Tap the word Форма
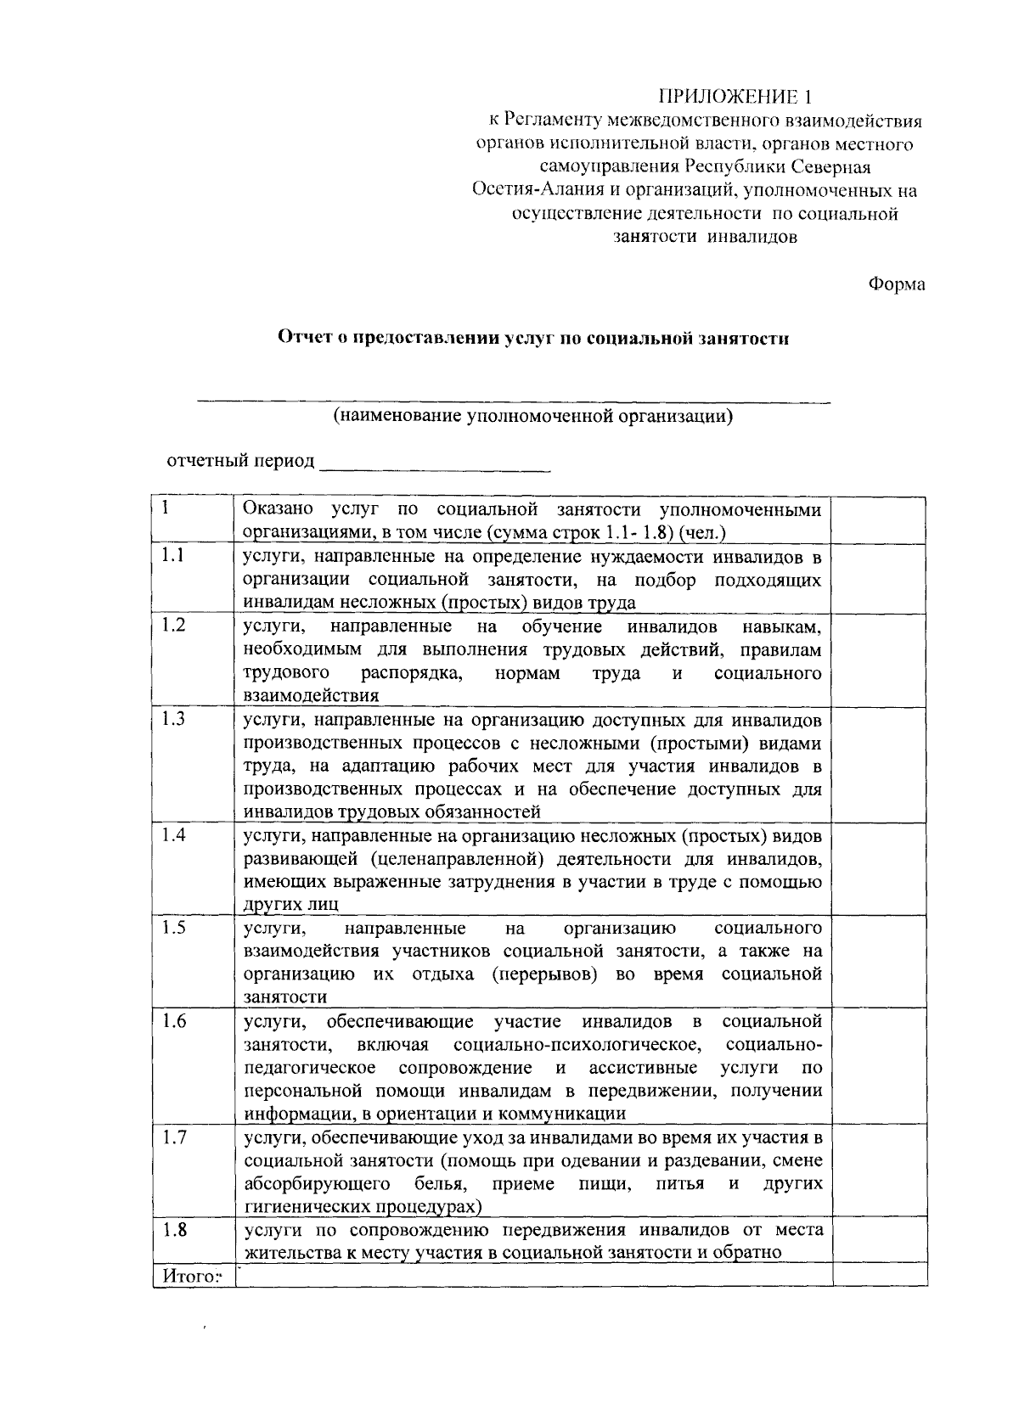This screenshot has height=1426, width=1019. [x=896, y=284]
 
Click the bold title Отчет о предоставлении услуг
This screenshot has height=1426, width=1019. [x=534, y=339]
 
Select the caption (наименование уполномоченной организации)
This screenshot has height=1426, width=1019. [x=532, y=416]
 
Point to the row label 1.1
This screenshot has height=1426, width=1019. [x=174, y=556]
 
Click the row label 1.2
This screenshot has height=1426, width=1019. [x=174, y=626]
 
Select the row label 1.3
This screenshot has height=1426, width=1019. [x=174, y=719]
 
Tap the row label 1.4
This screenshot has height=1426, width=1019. [x=174, y=834]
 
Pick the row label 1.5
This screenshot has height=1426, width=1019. [x=174, y=927]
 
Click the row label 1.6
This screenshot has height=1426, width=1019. [x=174, y=1020]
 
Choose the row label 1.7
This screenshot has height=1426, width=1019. [x=174, y=1137]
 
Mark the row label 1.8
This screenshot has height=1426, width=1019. [x=174, y=1230]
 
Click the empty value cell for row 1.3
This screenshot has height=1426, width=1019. [x=879, y=764]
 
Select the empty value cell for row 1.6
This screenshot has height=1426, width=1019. [x=879, y=1066]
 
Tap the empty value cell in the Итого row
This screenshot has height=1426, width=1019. [x=879, y=1275]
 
